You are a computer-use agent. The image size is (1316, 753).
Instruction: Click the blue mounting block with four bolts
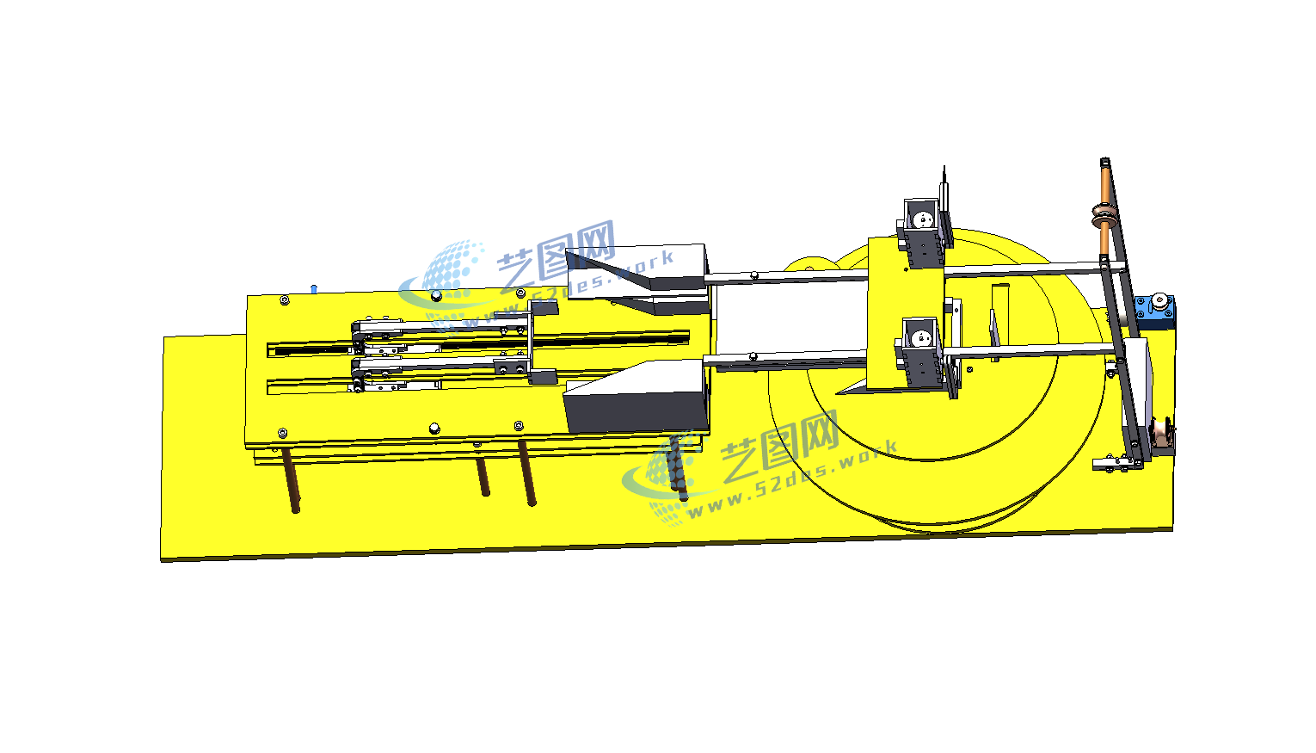click(x=1154, y=311)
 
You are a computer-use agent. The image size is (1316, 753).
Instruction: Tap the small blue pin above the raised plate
click(x=314, y=288)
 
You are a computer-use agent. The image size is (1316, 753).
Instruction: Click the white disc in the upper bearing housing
click(x=923, y=219)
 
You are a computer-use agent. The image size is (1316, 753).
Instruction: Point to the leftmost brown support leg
click(x=292, y=479)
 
